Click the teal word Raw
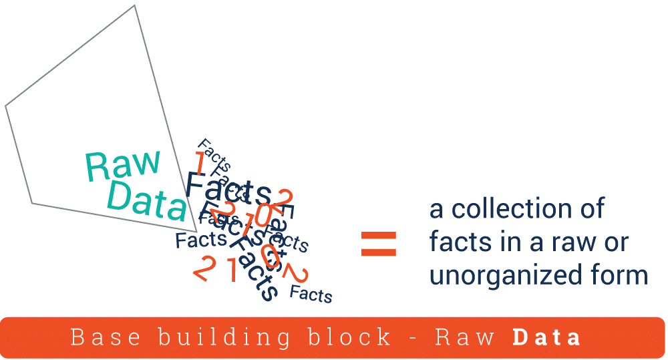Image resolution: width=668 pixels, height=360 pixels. tap(124, 165)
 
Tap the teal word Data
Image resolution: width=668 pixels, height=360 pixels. tap(147, 200)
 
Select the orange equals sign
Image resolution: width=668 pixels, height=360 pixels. tap(379, 244)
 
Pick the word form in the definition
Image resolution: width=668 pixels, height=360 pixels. tap(621, 275)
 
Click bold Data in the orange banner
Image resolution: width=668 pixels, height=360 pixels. tap(546, 337)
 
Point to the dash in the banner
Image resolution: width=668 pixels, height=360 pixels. tap(413, 338)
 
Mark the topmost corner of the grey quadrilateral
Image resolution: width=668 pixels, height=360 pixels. tap(135, 5)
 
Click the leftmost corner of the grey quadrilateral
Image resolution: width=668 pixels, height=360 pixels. tap(5, 106)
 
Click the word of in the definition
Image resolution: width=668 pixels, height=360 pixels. tap(591, 208)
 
